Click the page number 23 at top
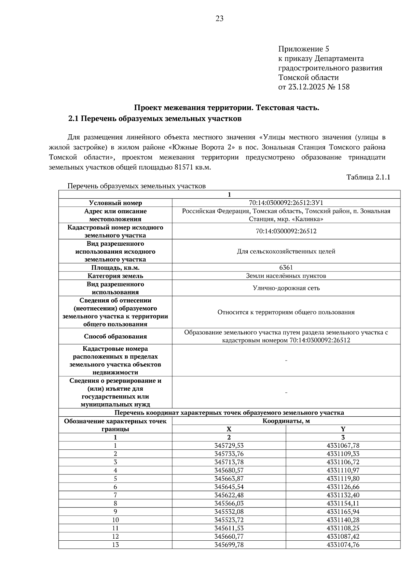(x=219, y=19)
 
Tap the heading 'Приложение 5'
(x=304, y=49)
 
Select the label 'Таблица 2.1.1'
(x=368, y=177)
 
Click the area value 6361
(x=286, y=268)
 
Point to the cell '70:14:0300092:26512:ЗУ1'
(x=286, y=203)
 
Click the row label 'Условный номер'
(x=115, y=203)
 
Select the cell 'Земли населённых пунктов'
(x=286, y=276)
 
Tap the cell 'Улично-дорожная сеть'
(x=286, y=288)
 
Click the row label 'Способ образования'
(x=115, y=336)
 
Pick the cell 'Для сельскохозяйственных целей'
(x=286, y=252)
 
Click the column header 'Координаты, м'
(x=286, y=421)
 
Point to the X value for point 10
(x=229, y=520)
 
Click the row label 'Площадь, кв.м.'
(x=115, y=268)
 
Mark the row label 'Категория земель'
(x=115, y=276)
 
